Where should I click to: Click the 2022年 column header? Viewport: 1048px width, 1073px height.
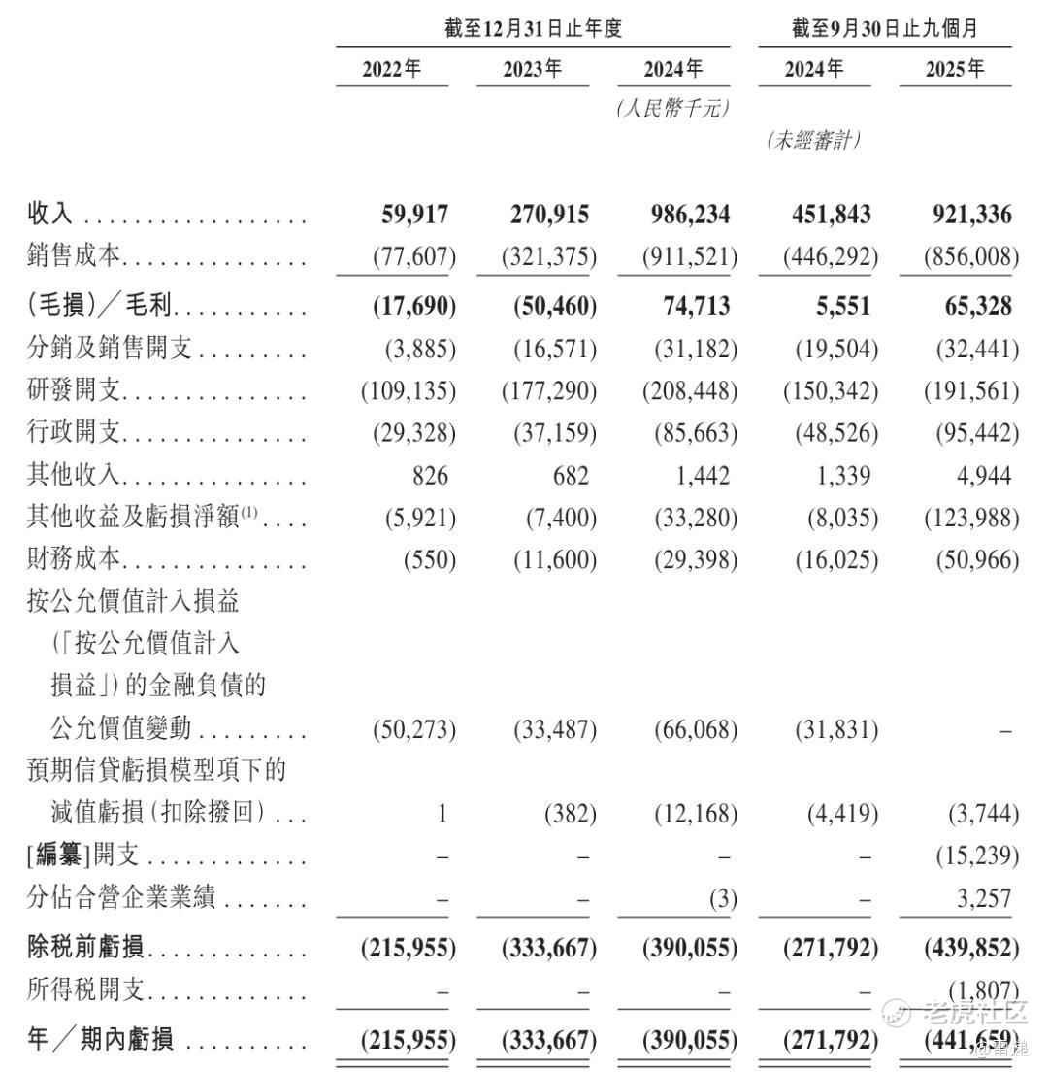click(x=392, y=70)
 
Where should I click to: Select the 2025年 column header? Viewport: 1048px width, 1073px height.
click(x=955, y=70)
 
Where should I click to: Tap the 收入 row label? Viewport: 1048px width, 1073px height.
click(x=49, y=215)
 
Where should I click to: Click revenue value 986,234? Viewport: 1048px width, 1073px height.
click(x=686, y=215)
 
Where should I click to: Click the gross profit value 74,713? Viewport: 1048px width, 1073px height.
click(x=692, y=307)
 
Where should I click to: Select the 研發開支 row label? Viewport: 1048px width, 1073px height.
click(x=73, y=390)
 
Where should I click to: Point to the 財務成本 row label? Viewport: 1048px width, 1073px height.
click(x=73, y=558)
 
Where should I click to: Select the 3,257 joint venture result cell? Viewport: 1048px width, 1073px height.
click(x=982, y=897)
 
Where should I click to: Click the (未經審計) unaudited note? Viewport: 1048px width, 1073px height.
click(x=813, y=140)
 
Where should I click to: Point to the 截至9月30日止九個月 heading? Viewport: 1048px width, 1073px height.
click(x=884, y=29)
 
